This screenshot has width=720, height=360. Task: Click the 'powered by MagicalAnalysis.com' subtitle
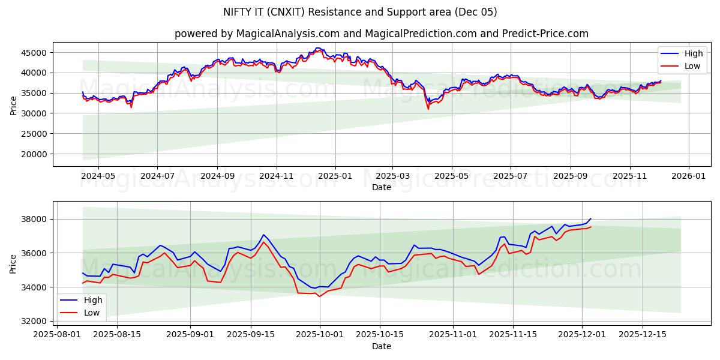click(x=381, y=34)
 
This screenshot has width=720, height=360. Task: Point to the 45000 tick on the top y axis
click(x=35, y=53)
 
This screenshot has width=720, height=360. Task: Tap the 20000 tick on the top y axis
click(x=35, y=154)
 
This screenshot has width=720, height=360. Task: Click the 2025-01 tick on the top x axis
click(x=335, y=176)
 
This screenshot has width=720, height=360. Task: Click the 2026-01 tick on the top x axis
click(x=688, y=176)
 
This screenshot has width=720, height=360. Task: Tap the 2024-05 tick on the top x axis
click(x=98, y=176)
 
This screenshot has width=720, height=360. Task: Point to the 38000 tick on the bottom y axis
click(x=35, y=219)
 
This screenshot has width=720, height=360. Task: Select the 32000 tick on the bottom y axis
click(x=35, y=321)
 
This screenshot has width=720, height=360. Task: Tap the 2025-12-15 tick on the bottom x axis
click(x=643, y=335)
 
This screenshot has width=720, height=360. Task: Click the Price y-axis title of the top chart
click(x=14, y=104)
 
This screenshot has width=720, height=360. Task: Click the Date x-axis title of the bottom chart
click(x=381, y=346)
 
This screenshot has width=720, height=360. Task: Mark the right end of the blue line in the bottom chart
click(x=590, y=218)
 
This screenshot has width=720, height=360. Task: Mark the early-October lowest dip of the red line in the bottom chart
click(x=319, y=296)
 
